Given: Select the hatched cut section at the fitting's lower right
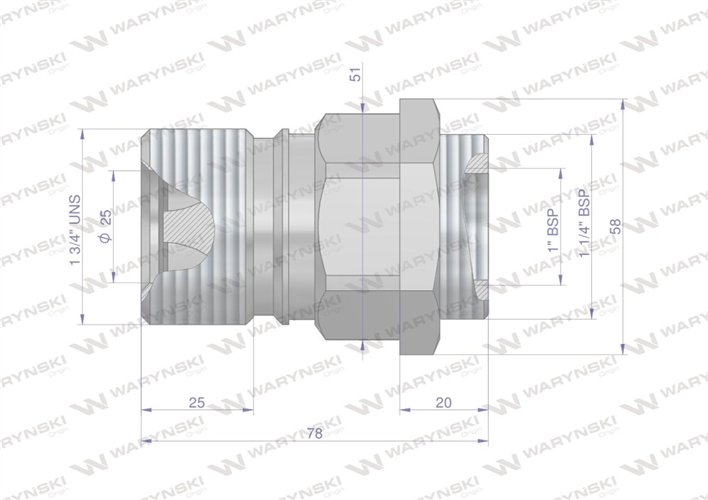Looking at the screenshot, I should click(481, 290).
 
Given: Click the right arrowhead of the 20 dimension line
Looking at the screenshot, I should click(485, 410).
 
